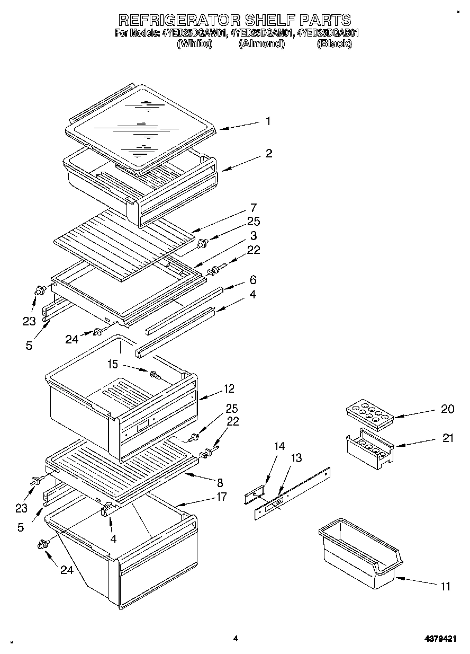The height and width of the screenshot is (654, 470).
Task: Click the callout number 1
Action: pyautogui.click(x=268, y=121)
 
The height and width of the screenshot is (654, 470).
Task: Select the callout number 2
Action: pyautogui.click(x=268, y=153)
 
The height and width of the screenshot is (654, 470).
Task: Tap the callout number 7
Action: pyautogui.click(x=254, y=207)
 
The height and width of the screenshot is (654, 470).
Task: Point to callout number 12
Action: pyautogui.click(x=229, y=388)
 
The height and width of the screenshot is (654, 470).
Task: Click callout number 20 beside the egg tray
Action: pyautogui.click(x=447, y=409)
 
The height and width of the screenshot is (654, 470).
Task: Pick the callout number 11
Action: pyautogui.click(x=445, y=586)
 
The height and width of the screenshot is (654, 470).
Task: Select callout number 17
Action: pyautogui.click(x=221, y=497)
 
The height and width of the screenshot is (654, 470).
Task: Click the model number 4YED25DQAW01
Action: pyautogui.click(x=194, y=33)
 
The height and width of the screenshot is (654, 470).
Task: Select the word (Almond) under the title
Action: pyautogui.click(x=261, y=45)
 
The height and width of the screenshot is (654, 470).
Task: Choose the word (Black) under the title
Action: pyautogui.click(x=334, y=45)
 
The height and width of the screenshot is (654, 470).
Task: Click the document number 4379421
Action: pyautogui.click(x=439, y=639)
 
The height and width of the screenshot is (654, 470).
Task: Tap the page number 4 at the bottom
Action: pyautogui.click(x=236, y=639)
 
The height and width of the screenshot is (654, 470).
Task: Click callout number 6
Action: pyautogui.click(x=253, y=279)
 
